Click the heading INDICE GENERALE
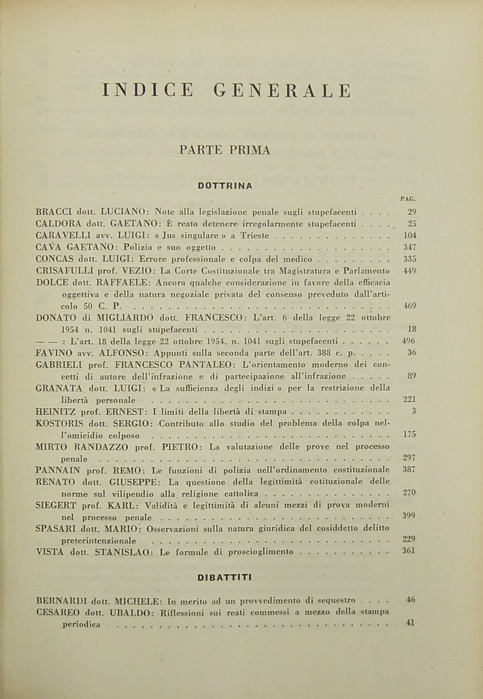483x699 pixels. (x=227, y=90)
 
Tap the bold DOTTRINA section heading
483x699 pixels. (x=225, y=186)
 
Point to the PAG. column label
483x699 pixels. (x=408, y=199)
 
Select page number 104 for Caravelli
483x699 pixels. (x=410, y=235)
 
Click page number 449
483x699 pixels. (x=410, y=271)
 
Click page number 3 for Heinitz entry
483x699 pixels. (x=414, y=411)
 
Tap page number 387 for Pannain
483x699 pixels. (x=409, y=470)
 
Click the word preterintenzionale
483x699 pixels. (x=99, y=540)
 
